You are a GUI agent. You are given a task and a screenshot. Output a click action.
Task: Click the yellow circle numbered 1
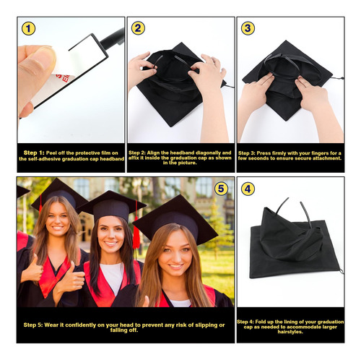pyautogui.click(x=28, y=29)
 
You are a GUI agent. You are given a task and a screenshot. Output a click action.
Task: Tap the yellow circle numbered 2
pyautogui.click(x=138, y=28)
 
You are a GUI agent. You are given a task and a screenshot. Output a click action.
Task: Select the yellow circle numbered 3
pyautogui.click(x=248, y=28)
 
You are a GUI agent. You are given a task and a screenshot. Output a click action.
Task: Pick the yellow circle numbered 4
pyautogui.click(x=248, y=189)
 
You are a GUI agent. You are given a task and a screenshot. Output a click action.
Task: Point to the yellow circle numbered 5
pyautogui.click(x=221, y=189)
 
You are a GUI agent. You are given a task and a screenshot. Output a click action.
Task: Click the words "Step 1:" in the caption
pyautogui.click(x=34, y=153)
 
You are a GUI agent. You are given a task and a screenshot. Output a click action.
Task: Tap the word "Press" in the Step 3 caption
pyautogui.click(x=264, y=153)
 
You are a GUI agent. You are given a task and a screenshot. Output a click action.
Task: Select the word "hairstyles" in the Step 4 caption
pyautogui.click(x=290, y=332)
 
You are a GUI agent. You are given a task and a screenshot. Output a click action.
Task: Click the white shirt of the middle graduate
pyautogui.click(x=112, y=277)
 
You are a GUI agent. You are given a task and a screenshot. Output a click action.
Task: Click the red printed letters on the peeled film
pyautogui.click(x=63, y=78)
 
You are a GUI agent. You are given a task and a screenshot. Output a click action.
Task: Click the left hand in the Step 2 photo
pyautogui.click(x=142, y=70)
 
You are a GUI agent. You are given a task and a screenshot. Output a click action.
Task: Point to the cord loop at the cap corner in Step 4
pyautogui.click(x=342, y=271)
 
